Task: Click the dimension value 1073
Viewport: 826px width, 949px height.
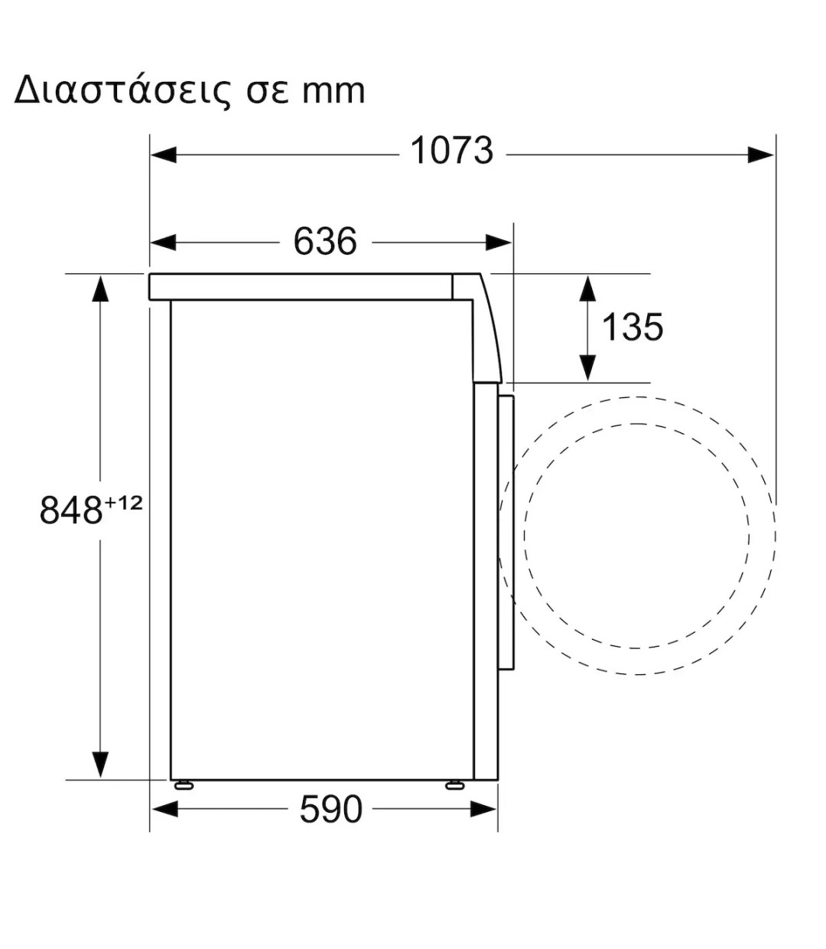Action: pyautogui.click(x=452, y=151)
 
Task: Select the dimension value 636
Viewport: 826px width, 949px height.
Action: pyautogui.click(x=325, y=242)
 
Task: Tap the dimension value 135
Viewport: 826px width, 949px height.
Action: pyautogui.click(x=632, y=327)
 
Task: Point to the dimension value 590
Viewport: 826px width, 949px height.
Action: pyautogui.click(x=330, y=809)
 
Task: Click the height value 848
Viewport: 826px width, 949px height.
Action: pyautogui.click(x=70, y=510)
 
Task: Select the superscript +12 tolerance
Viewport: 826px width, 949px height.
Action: pyautogui.click(x=124, y=503)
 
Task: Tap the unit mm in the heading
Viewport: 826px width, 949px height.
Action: pyautogui.click(x=333, y=91)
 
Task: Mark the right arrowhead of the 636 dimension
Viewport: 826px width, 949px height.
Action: pyautogui.click(x=499, y=243)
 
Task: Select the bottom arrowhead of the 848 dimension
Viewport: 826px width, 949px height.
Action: pyautogui.click(x=99, y=765)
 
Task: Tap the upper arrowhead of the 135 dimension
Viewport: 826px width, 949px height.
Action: pyautogui.click(x=587, y=289)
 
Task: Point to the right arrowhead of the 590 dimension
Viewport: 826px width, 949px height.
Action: pyautogui.click(x=484, y=808)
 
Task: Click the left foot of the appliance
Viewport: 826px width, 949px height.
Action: pyautogui.click(x=184, y=784)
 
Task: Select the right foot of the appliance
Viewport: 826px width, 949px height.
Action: pyautogui.click(x=454, y=784)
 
